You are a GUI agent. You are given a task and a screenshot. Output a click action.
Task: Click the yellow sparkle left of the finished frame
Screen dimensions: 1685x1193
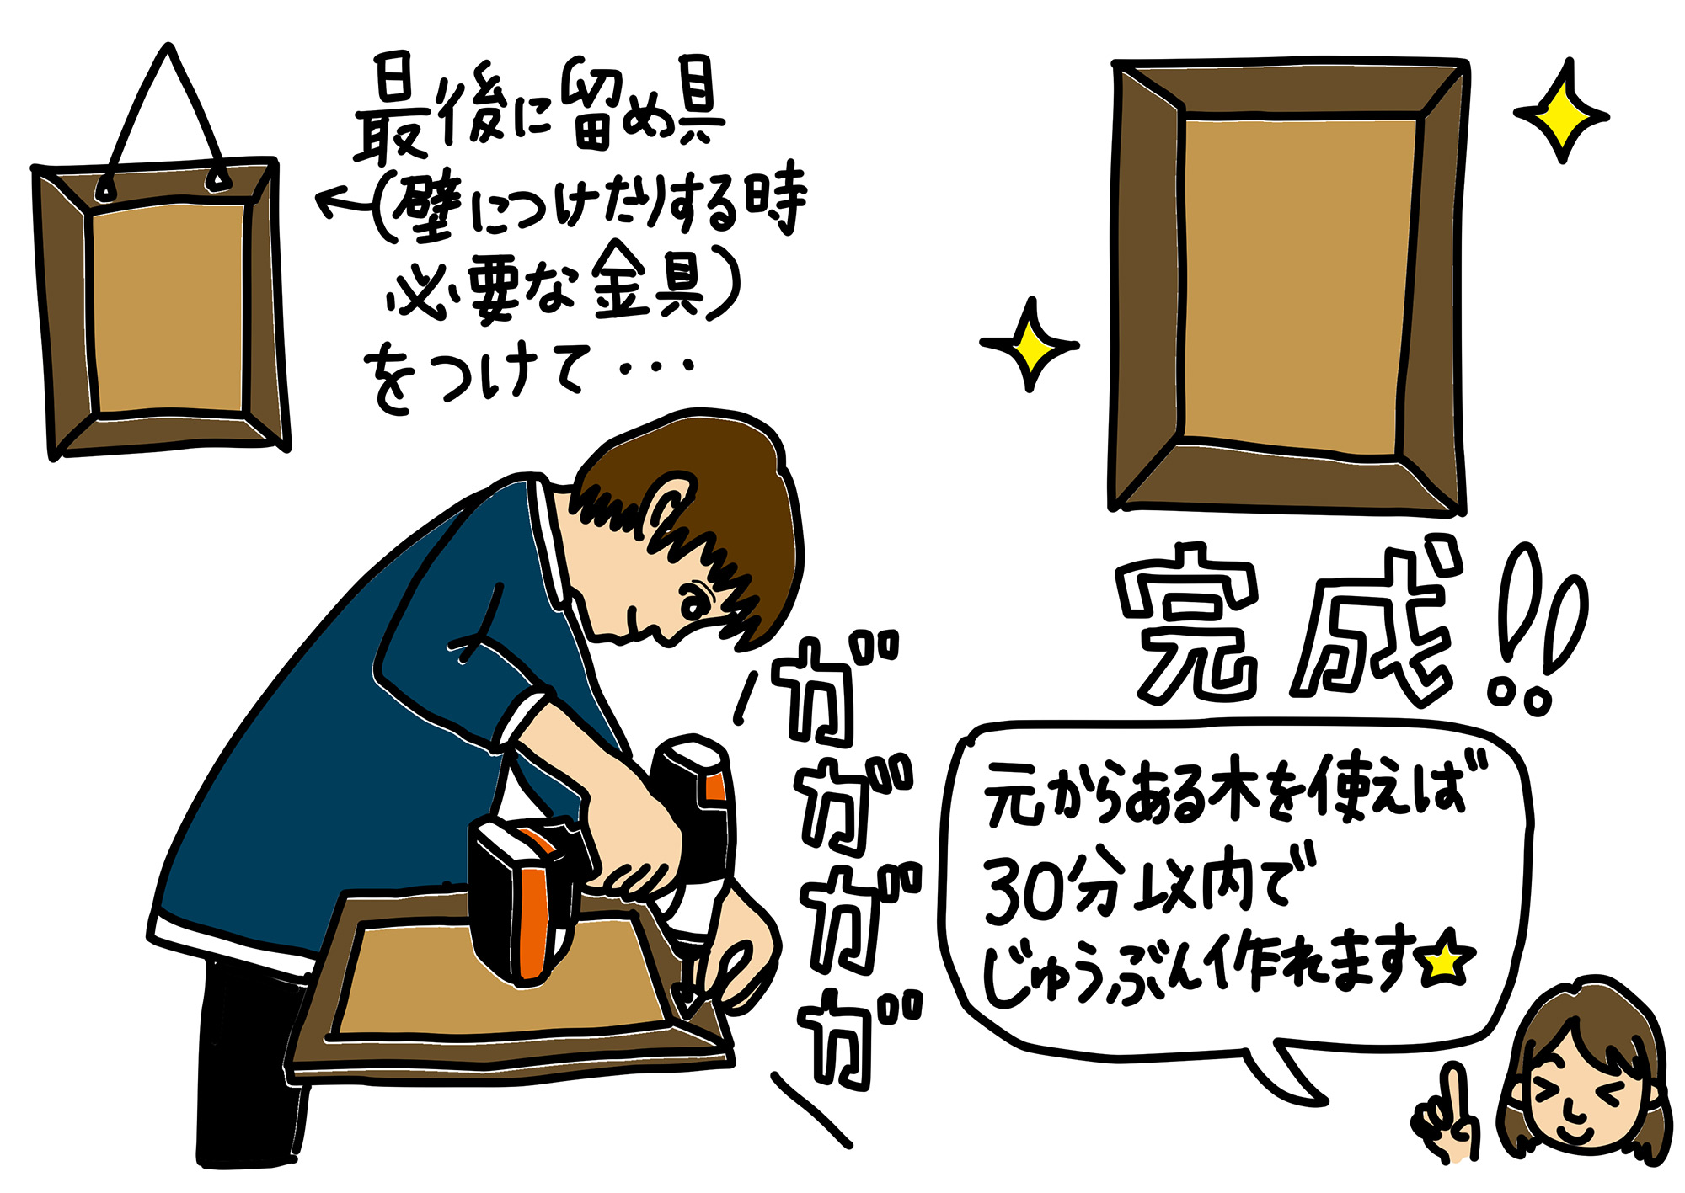(x=1029, y=344)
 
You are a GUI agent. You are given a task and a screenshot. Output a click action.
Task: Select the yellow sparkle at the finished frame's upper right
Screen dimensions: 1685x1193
(x=1561, y=112)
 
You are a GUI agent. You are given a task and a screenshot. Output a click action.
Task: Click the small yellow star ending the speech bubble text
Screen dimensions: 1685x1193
(x=1446, y=961)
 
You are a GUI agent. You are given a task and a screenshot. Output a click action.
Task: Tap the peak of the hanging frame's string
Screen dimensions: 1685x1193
(x=170, y=47)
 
